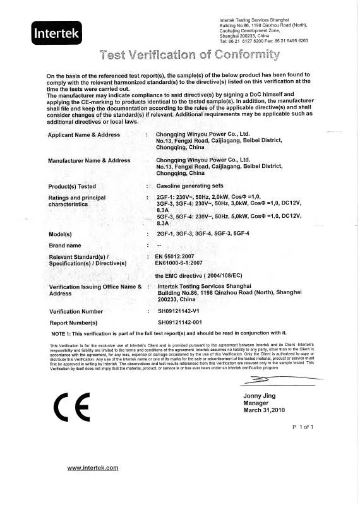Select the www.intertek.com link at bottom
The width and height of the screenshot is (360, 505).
point(93,467)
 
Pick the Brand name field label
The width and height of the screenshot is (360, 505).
point(65,245)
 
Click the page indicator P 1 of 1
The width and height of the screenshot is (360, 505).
point(303,427)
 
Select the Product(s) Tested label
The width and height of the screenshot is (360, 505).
point(72,187)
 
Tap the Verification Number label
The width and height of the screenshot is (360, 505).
point(76,312)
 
